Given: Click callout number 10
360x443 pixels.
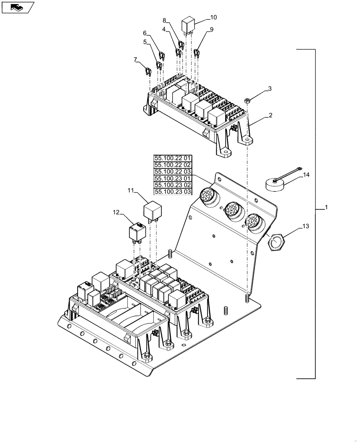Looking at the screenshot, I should click(213, 17).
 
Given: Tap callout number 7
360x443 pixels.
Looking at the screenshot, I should click(135, 60).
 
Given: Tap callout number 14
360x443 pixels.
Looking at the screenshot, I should click(306, 176).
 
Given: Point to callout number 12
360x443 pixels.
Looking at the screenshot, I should click(116, 213).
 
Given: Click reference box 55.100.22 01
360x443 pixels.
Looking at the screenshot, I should click(173, 158).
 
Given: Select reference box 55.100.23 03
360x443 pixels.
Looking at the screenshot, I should click(173, 191).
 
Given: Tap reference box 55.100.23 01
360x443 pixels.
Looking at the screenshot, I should click(173, 178).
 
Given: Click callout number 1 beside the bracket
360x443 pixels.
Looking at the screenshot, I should click(327, 207).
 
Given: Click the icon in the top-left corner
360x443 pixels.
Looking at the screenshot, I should click(17, 7).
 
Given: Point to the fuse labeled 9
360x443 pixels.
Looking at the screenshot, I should click(196, 54).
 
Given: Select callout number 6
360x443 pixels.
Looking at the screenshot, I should click(144, 33).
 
